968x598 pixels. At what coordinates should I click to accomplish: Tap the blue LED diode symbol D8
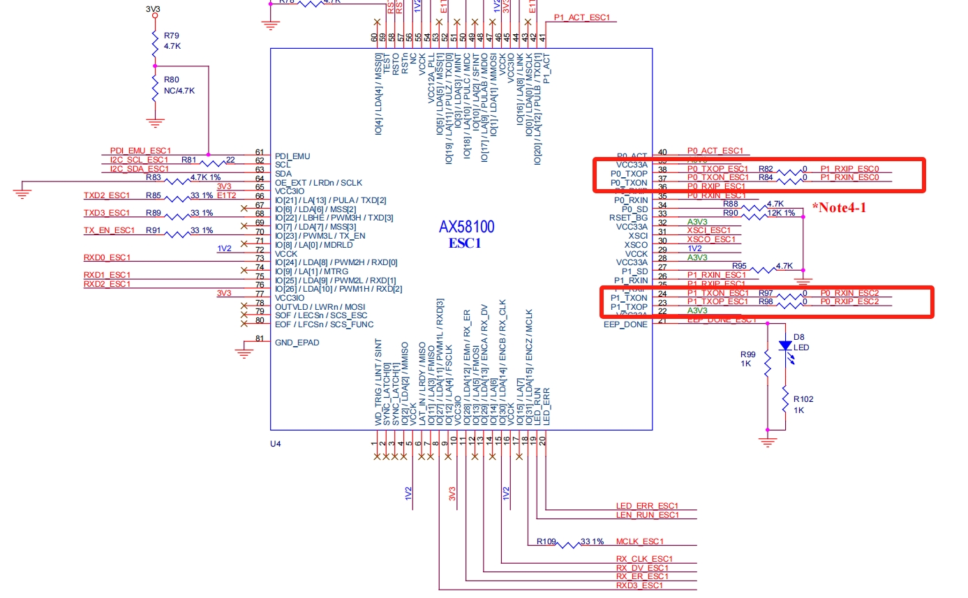pos(785,345)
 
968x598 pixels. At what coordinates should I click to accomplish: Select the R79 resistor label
pos(171,35)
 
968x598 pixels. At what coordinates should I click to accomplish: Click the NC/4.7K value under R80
pos(179,91)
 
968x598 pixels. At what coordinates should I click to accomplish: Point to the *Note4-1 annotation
pos(838,207)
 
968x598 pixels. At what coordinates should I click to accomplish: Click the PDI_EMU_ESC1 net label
pos(140,151)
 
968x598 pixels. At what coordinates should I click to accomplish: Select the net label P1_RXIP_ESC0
pos(849,169)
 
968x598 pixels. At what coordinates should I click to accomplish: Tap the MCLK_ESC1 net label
pos(639,541)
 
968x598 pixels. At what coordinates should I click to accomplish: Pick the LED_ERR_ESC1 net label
pos(647,506)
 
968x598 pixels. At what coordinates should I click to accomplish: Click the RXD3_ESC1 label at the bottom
pos(639,585)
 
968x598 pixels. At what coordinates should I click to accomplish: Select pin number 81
pos(260,339)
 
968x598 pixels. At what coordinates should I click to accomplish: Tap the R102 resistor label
pos(802,399)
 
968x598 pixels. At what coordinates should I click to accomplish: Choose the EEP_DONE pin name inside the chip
pos(625,324)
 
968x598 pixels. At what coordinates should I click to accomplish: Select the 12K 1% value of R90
pos(781,213)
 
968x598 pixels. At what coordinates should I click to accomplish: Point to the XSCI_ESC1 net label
pos(708,230)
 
